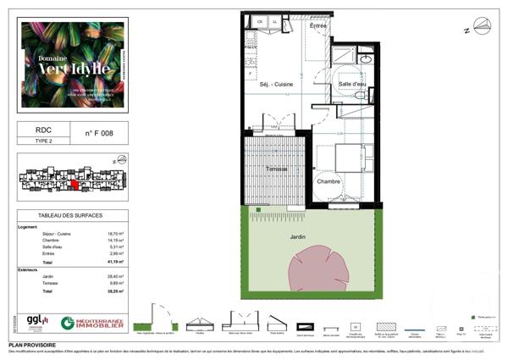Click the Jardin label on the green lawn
pyautogui.click(x=295, y=237)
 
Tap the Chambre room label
pyautogui.click(x=328, y=181)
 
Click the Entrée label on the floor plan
pyautogui.click(x=317, y=26)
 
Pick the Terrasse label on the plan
pyautogui.click(x=276, y=169)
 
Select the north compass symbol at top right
pyautogui.click(x=481, y=26)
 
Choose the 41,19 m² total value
pyautogui.click(x=116, y=263)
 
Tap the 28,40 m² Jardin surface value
pyautogui.click(x=116, y=276)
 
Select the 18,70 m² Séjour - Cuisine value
pyautogui.click(x=116, y=233)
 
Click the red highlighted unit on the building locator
pyautogui.click(x=74, y=184)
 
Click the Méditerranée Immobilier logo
pyautogui.click(x=92, y=324)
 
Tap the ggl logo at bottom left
pyautogui.click(x=36, y=322)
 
